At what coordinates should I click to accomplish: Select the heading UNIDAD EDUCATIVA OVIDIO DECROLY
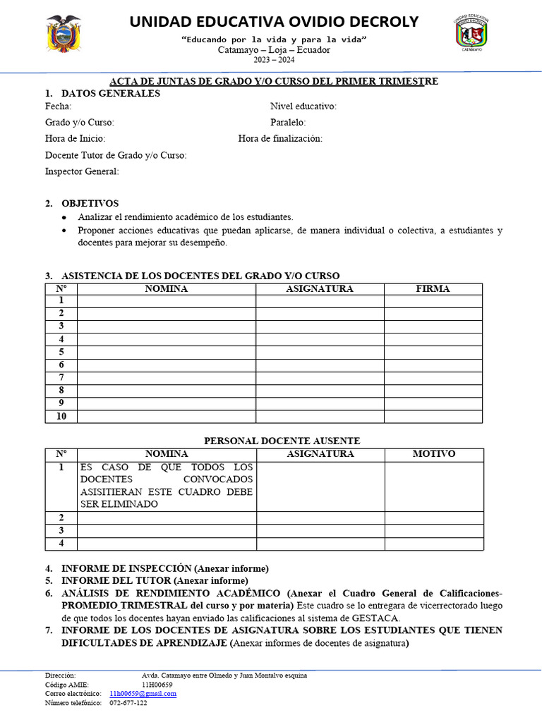click(274, 22)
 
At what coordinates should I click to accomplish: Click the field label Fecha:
click(58, 106)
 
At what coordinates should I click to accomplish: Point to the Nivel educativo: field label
click(303, 106)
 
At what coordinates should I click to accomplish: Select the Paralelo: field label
click(288, 123)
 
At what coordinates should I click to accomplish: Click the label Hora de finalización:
click(280, 139)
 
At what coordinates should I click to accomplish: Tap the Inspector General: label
click(82, 171)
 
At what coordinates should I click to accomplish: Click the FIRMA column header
click(433, 289)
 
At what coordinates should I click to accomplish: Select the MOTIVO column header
click(434, 454)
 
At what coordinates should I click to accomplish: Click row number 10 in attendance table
click(61, 416)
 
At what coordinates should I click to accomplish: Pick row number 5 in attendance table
click(61, 352)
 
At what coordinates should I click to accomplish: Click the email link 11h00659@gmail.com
click(143, 694)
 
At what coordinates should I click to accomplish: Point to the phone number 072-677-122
click(128, 703)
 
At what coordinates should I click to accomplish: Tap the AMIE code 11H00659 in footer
click(157, 685)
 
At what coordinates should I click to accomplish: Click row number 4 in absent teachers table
click(61, 544)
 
